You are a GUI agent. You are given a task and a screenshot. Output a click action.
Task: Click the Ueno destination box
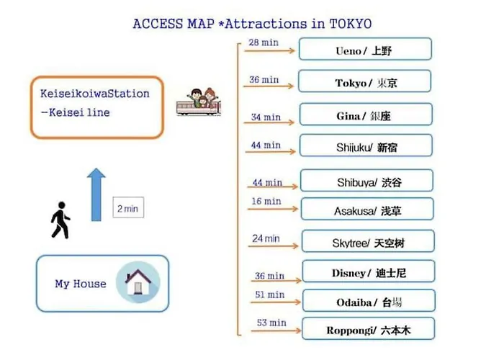click(x=365, y=49)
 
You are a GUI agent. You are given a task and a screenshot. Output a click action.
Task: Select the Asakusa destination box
click(x=367, y=209)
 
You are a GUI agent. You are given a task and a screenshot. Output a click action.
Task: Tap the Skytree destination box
click(x=368, y=241)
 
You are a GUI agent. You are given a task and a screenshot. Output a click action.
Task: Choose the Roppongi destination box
click(x=369, y=328)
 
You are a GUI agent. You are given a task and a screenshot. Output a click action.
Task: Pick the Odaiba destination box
click(x=369, y=300)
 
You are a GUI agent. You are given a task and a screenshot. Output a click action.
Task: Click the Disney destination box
click(x=369, y=271)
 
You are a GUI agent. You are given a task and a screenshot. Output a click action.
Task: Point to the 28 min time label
click(x=264, y=42)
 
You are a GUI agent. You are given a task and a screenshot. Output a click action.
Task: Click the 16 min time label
click(x=266, y=201)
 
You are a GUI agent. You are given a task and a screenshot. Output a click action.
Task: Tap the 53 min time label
click(x=271, y=323)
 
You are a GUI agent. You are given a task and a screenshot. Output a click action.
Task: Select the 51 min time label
click(x=270, y=294)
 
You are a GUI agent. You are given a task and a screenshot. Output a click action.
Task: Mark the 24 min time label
click(x=266, y=238)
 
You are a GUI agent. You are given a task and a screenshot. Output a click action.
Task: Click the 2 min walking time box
click(x=128, y=207)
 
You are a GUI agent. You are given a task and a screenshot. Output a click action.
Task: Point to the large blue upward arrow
click(x=96, y=195)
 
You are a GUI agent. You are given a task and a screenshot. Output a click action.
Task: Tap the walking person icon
click(x=60, y=220)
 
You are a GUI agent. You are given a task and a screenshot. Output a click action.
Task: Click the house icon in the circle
click(x=138, y=282)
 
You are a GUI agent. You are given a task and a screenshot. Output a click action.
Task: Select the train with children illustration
click(x=199, y=102)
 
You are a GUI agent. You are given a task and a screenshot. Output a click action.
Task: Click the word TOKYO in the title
click(x=351, y=24)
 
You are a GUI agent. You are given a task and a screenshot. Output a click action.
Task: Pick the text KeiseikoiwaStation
click(x=95, y=94)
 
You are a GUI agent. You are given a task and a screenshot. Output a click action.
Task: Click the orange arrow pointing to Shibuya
click(x=273, y=186)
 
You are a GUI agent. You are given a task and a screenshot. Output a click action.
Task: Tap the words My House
click(x=81, y=284)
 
